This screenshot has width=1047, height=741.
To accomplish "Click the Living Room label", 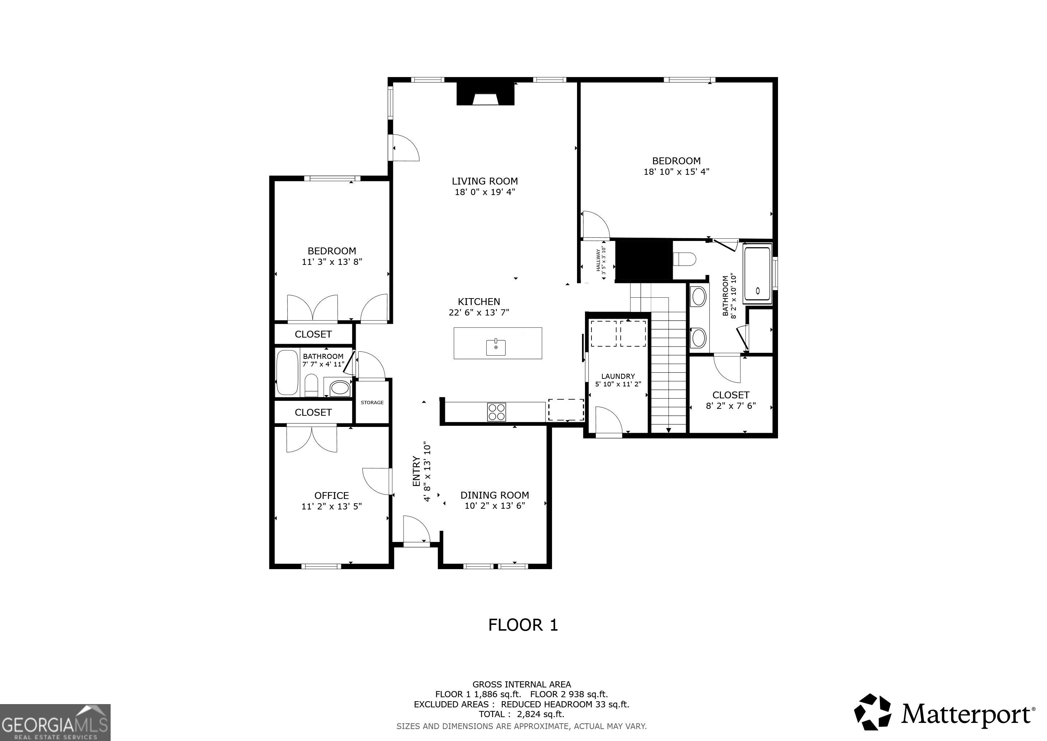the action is point(485,181).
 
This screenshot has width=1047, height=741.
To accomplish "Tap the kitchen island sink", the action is point(496,347).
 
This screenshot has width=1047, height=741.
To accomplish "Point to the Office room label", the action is point(332,496).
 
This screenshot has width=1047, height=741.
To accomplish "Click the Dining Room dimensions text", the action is point(495,505).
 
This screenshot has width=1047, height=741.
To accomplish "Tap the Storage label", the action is point(372,402).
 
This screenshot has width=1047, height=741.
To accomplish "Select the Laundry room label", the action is point(618,376).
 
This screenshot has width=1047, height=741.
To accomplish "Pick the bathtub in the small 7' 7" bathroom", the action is point(287,372).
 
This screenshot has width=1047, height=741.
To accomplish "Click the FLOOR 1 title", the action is point(523,625).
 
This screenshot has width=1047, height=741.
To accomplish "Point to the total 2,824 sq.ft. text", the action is point(522,714).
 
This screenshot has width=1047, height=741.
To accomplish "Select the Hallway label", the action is point(598,261).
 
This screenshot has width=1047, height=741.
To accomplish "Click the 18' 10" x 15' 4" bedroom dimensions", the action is point(676,172).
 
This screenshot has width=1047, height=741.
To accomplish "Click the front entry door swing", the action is point(417,530).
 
